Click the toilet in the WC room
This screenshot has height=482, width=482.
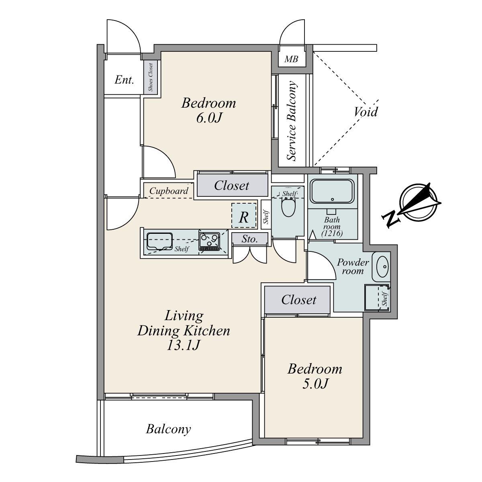pos(288,206)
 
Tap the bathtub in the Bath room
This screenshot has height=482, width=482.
pos(332,192)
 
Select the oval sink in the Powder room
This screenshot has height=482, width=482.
pos(382,267)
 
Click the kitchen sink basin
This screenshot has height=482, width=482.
pos(159,241)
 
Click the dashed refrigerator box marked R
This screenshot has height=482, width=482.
pos(244,215)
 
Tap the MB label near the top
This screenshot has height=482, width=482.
pos(291,59)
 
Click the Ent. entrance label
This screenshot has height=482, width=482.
pos(124,80)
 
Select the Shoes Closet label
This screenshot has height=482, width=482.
pos(151,77)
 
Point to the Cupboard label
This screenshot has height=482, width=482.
pos(169,191)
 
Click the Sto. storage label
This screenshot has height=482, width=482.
pos(249,239)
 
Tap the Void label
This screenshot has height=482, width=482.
pos(366,112)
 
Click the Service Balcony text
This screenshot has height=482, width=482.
pos(292,121)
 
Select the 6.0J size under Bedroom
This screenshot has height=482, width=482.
pos(209,118)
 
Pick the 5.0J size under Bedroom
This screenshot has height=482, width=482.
pos(315,384)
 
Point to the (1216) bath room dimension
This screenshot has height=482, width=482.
pos(332,233)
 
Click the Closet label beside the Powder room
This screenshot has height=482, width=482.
pos(299,300)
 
